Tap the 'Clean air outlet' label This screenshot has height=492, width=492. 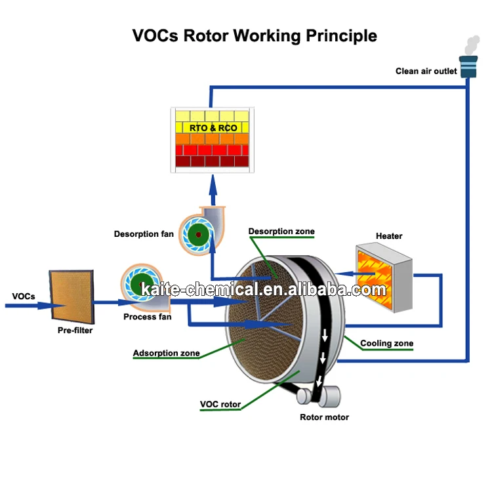click(x=426, y=71)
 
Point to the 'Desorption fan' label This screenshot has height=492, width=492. click(x=144, y=234)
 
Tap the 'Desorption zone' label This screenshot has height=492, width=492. click(x=281, y=231)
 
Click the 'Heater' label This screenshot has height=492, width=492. click(x=389, y=236)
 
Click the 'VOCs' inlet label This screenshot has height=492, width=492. click(x=24, y=296)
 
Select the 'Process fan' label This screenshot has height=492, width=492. click(x=148, y=317)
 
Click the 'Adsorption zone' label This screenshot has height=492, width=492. click(x=166, y=353)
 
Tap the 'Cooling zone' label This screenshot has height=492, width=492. click(x=386, y=343)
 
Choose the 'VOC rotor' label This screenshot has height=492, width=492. click(x=220, y=404)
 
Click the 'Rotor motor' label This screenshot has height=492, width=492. click(x=324, y=417)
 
